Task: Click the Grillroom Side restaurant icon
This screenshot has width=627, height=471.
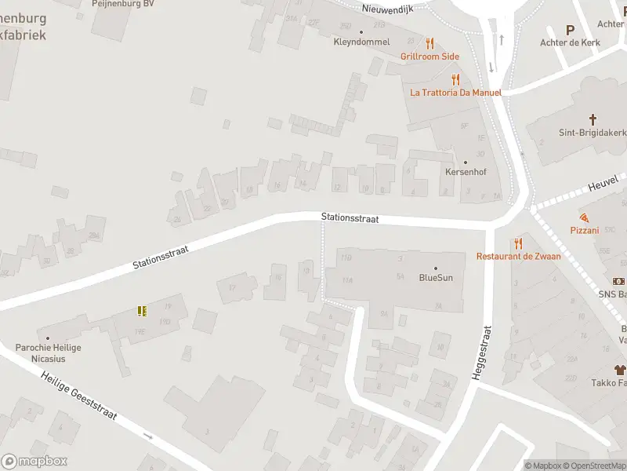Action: tap(429, 43)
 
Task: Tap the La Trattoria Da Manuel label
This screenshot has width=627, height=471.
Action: tap(455, 92)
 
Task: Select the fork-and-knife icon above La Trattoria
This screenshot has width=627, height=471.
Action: tap(455, 79)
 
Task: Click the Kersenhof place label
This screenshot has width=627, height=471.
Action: tap(466, 172)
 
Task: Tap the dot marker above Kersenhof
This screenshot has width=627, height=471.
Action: tap(466, 162)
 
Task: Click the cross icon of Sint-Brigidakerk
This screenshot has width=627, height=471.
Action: tap(593, 120)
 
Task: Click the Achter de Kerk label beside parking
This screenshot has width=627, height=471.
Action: tap(570, 42)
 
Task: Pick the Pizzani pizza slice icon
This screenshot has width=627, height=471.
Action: tap(584, 217)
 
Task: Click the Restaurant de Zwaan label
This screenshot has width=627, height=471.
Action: tap(517, 256)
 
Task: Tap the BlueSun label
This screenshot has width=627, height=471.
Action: tap(436, 277)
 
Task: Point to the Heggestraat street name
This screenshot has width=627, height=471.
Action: tap(480, 353)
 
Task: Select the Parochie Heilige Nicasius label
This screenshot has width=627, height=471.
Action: tap(49, 352)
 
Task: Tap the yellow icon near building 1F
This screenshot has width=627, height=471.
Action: tap(142, 311)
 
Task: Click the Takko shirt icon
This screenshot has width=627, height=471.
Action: tap(620, 369)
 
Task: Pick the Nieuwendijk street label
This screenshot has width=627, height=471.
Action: tap(388, 9)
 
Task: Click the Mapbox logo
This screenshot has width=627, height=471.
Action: tap(34, 461)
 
